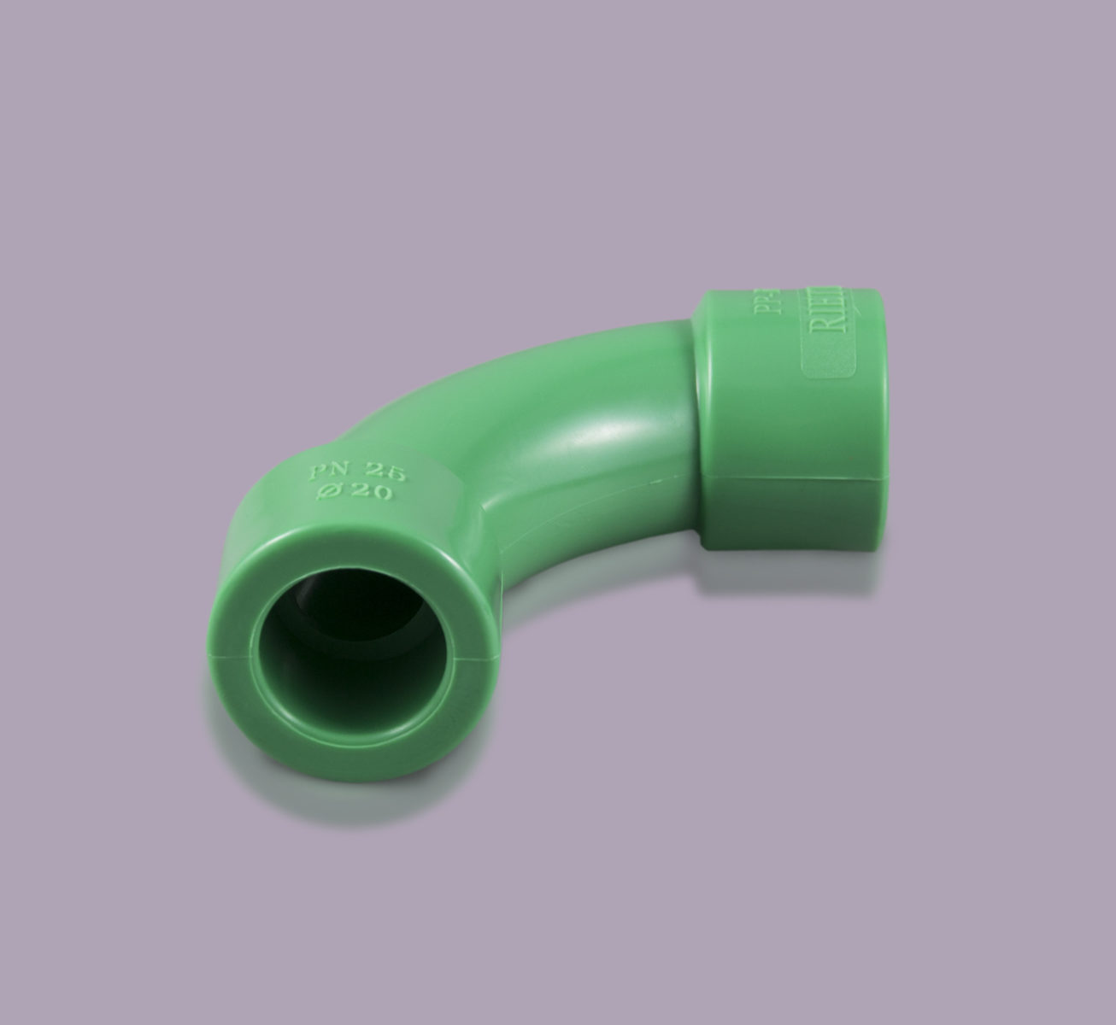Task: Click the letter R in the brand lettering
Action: tap(840, 329)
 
